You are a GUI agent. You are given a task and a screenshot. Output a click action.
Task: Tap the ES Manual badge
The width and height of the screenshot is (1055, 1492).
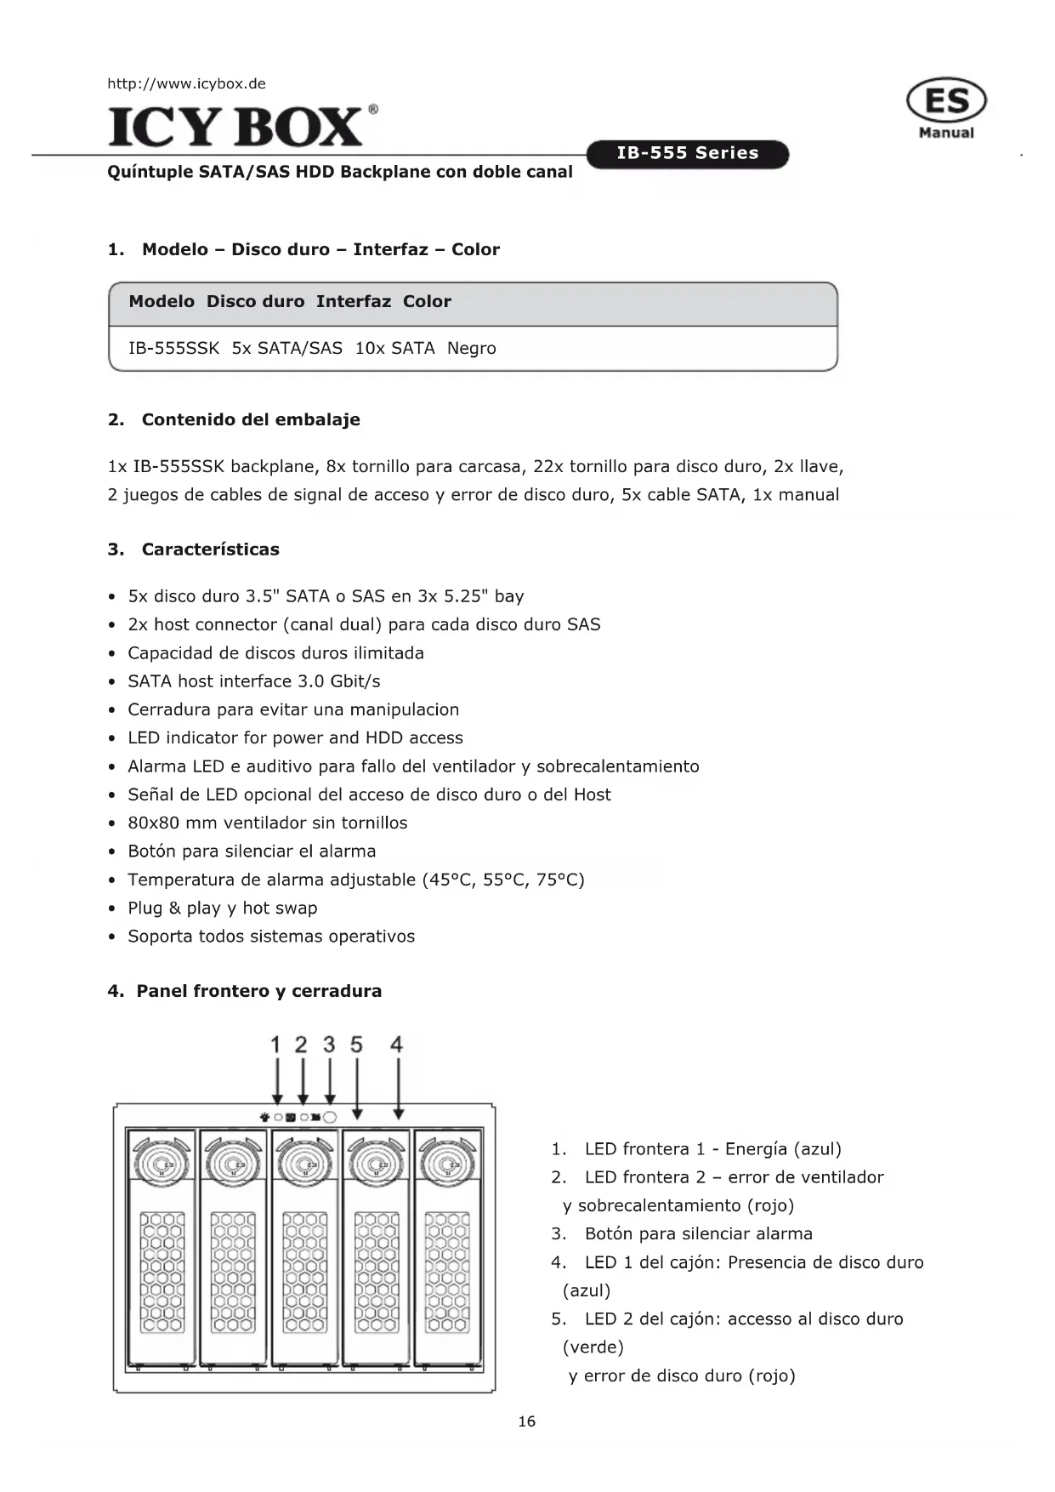pyautogui.click(x=946, y=107)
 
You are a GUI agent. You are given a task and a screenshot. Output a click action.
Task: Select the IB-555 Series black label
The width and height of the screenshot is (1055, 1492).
pyautogui.click(x=688, y=154)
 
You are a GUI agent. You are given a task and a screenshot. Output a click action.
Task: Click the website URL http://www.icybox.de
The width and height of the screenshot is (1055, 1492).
pyautogui.click(x=186, y=83)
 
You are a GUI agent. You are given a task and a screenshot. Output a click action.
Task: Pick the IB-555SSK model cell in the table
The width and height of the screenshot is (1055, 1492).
pyautogui.click(x=173, y=348)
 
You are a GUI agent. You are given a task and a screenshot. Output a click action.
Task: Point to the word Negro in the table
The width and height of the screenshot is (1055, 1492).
pyautogui.click(x=471, y=348)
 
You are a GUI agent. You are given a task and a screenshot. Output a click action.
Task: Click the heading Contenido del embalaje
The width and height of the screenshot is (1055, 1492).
pyautogui.click(x=251, y=419)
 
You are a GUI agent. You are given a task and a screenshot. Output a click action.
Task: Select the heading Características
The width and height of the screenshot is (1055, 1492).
pyautogui.click(x=210, y=550)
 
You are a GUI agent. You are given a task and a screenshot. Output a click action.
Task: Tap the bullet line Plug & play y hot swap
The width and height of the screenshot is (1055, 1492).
pyautogui.click(x=222, y=908)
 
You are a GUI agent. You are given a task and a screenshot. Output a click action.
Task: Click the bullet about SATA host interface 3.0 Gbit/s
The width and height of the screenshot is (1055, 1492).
pyautogui.click(x=253, y=681)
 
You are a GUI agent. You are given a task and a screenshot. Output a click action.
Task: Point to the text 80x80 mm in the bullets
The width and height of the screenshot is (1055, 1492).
pyautogui.click(x=173, y=823)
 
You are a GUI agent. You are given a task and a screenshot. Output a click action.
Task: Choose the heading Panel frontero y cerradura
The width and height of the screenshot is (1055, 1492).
pyautogui.click(x=258, y=991)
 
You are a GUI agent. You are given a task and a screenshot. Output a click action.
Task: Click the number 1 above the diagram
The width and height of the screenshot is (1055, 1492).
pyautogui.click(x=275, y=1045)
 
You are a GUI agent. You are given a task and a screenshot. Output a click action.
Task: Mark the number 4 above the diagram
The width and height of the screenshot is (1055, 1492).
pyautogui.click(x=396, y=1045)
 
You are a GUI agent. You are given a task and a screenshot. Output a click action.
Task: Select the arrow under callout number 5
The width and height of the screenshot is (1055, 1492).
pyautogui.click(x=357, y=1089)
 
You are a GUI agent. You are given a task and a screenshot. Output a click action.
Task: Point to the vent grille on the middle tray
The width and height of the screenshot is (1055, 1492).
pyautogui.click(x=304, y=1272)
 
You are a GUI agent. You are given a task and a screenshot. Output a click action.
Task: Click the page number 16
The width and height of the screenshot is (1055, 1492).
pyautogui.click(x=527, y=1421)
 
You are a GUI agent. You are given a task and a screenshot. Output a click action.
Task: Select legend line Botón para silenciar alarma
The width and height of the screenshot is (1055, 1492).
pyautogui.click(x=698, y=1233)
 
